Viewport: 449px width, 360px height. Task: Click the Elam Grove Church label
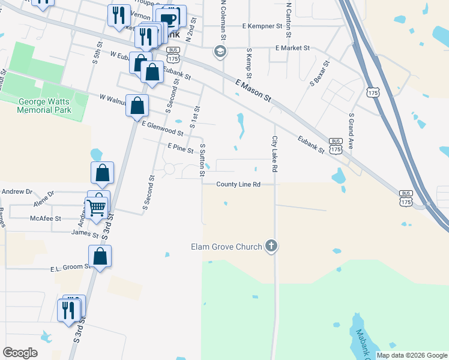click(226, 247)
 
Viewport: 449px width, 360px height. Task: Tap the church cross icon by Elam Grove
click(271, 246)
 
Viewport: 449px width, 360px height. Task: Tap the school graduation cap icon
click(220, 51)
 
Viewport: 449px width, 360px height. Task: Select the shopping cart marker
click(96, 208)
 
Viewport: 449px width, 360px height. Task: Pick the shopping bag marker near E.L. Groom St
click(100, 256)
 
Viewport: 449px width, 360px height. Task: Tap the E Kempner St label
click(262, 26)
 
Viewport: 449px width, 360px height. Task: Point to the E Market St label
click(292, 47)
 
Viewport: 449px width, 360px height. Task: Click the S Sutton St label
click(203, 160)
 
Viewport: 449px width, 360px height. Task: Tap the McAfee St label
click(46, 219)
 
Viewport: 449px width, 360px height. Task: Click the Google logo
click(20, 353)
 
